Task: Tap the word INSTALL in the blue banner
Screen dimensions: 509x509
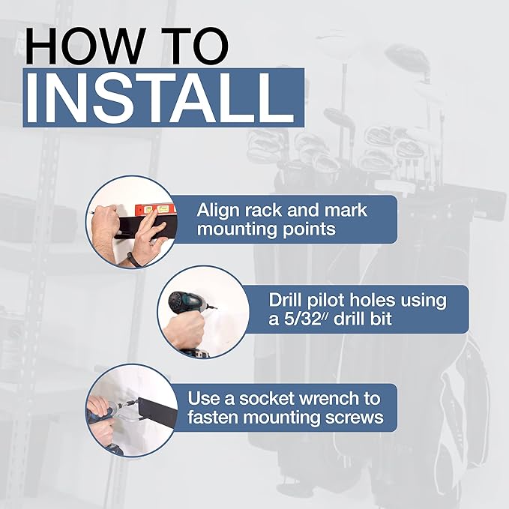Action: click(x=160, y=97)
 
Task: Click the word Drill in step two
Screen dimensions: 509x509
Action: click(x=286, y=301)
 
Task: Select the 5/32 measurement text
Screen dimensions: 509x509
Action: click(x=304, y=319)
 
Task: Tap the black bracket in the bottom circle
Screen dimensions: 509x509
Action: click(x=158, y=415)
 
